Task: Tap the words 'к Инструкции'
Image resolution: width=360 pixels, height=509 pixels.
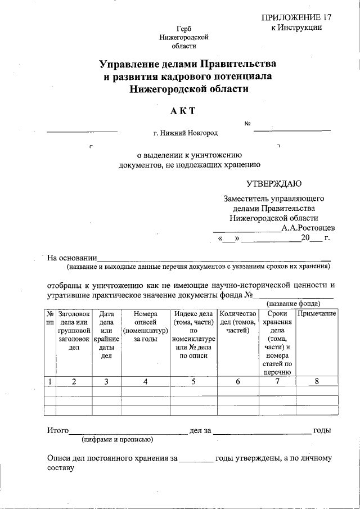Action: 296,28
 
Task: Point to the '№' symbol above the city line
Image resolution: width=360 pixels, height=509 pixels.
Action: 247,124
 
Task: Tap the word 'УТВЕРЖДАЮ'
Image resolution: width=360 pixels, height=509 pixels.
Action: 274,183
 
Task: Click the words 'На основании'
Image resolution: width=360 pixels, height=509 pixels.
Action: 73,258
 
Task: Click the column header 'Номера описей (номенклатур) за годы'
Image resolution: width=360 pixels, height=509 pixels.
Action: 145,326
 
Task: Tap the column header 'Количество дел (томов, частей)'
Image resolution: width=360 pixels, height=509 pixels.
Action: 238,322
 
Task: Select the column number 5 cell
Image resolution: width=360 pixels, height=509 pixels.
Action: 193,382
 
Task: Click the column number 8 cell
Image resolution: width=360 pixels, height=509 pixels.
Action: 317,382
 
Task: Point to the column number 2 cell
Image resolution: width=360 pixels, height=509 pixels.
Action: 74,382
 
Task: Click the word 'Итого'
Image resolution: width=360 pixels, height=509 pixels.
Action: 57,430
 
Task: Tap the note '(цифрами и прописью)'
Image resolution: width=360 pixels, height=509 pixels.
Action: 116,440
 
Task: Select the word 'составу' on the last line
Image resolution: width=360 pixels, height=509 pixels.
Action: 61,468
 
